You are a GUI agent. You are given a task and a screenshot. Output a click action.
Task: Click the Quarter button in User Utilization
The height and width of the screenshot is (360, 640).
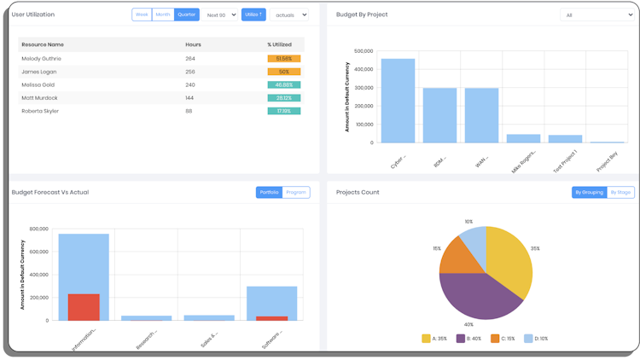click(x=187, y=15)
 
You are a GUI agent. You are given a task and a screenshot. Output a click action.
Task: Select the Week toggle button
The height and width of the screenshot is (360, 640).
click(x=142, y=15)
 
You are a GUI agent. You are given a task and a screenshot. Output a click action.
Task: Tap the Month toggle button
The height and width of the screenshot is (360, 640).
click(x=163, y=15)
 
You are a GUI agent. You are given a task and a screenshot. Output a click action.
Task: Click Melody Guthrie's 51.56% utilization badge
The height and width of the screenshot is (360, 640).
click(x=283, y=59)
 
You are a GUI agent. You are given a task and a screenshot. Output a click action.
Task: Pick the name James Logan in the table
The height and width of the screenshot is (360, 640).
click(x=40, y=72)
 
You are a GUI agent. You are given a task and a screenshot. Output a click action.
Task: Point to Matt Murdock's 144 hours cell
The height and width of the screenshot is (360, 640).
click(x=190, y=98)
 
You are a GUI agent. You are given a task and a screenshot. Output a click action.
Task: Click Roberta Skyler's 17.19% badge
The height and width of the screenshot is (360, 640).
click(x=283, y=111)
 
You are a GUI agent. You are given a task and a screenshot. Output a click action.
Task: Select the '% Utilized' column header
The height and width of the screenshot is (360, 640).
click(x=280, y=44)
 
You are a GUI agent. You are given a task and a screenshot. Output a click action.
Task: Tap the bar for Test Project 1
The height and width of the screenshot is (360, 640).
click(x=565, y=138)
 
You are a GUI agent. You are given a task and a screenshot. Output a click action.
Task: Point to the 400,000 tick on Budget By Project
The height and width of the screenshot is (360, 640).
click(x=363, y=69)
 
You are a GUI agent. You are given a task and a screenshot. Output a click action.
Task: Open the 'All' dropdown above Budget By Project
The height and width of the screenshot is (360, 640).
click(x=596, y=15)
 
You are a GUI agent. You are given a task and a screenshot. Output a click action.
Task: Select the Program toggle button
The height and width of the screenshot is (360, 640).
click(x=296, y=192)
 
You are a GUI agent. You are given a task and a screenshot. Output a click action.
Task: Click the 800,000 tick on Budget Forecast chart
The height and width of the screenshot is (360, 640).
click(x=38, y=229)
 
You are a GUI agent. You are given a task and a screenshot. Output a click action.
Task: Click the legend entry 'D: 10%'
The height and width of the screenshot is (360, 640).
click(x=537, y=339)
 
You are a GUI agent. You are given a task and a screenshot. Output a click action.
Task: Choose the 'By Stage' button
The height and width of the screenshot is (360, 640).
click(x=620, y=192)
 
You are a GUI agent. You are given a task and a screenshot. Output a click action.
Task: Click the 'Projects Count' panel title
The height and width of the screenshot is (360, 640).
click(x=358, y=192)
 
